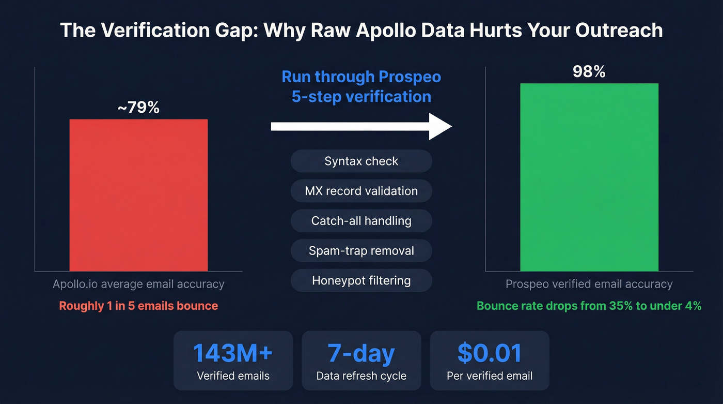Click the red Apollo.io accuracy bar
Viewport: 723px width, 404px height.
138,195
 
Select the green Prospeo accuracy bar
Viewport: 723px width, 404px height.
589,177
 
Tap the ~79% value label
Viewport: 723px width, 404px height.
138,108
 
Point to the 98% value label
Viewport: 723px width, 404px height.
589,71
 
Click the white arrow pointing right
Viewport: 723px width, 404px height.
361,127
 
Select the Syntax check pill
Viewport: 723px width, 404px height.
361,161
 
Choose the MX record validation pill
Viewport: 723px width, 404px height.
361,191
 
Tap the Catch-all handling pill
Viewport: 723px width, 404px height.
361,221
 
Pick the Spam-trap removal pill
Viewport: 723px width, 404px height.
361,251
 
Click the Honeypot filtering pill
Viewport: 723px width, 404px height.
361,281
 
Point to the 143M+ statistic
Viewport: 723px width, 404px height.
233,353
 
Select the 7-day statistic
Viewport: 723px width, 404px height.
361,353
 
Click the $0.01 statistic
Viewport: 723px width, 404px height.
489,353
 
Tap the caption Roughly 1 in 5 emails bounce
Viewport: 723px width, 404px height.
138,306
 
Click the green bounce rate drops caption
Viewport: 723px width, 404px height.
589,306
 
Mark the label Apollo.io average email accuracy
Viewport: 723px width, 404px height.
138,284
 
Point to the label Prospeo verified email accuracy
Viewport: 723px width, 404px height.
589,284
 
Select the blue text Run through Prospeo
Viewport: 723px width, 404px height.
361,77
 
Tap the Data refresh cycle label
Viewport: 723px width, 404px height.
361,376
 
